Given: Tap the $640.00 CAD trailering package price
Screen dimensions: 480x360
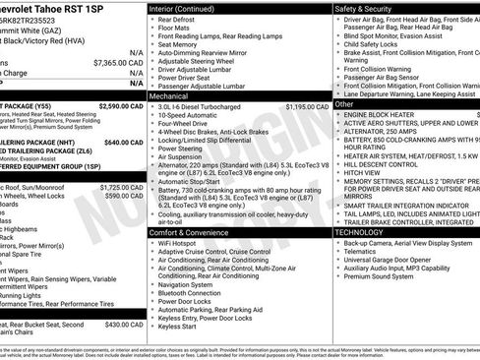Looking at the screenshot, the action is point(124,142).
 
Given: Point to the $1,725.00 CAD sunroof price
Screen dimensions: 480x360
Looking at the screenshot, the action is point(122,186).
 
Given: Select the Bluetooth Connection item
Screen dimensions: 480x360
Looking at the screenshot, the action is point(195,293).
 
